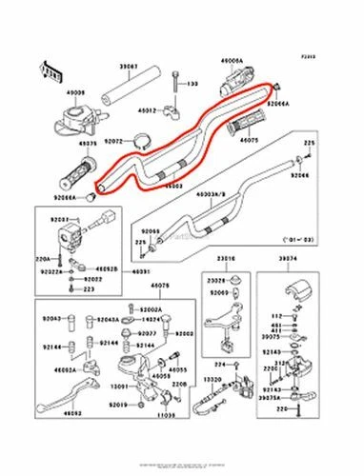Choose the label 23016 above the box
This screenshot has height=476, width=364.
[x=225, y=258]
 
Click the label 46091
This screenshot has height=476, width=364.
[x=141, y=271]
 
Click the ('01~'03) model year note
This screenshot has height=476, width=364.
[x=297, y=242]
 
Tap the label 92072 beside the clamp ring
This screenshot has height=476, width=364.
[x=113, y=141]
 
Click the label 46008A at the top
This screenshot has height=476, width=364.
[x=233, y=60]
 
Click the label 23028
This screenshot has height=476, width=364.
[x=218, y=280]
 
